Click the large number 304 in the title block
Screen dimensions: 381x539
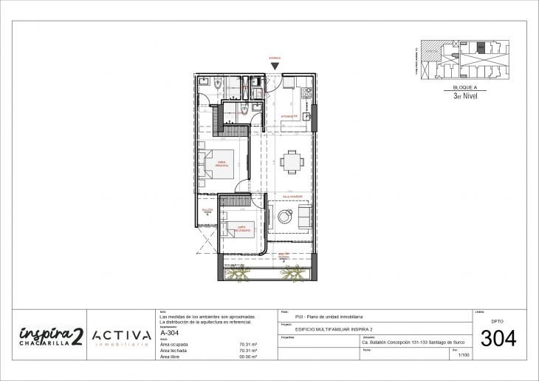pos(498,340)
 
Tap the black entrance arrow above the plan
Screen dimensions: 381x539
pos(275,67)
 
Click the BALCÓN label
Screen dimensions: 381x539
pos(207,211)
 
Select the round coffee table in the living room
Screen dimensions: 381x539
pos(284,216)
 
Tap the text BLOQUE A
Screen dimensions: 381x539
pos(466,87)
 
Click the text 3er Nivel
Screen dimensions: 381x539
pos(466,95)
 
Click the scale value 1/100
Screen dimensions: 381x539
pos(464,356)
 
